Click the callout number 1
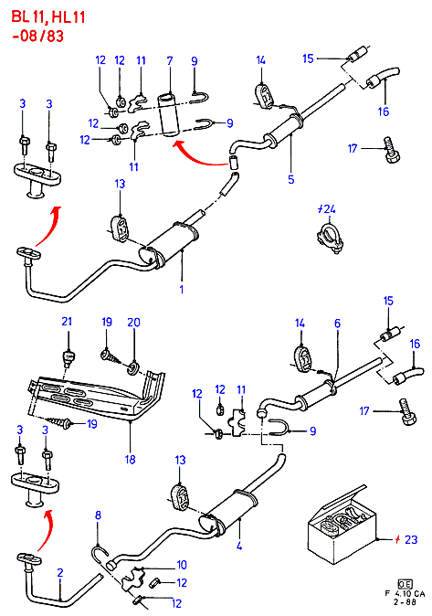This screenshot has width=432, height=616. [x=182, y=290]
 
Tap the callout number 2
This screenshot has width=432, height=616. [x=59, y=572]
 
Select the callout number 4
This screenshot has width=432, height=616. [x=239, y=546]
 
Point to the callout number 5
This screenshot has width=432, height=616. [x=291, y=179]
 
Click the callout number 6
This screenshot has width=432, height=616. [x=337, y=324]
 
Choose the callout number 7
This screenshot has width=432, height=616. [x=170, y=61]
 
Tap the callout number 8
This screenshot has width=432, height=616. [x=98, y=515]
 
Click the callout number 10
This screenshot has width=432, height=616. [x=182, y=565]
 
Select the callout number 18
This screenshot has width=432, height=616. [x=130, y=459]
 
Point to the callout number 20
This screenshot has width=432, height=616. [x=133, y=323]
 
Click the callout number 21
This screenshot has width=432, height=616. [x=67, y=322]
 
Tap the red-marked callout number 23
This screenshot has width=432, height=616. [x=411, y=539]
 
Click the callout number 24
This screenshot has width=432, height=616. [x=329, y=209]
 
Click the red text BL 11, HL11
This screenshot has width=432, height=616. [x=48, y=17]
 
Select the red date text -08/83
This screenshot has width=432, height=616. [x=37, y=37]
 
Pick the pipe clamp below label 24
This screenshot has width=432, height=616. [x=328, y=239]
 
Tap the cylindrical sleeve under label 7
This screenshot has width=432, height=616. [x=169, y=115]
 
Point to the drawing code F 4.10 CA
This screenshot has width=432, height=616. [x=405, y=593]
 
